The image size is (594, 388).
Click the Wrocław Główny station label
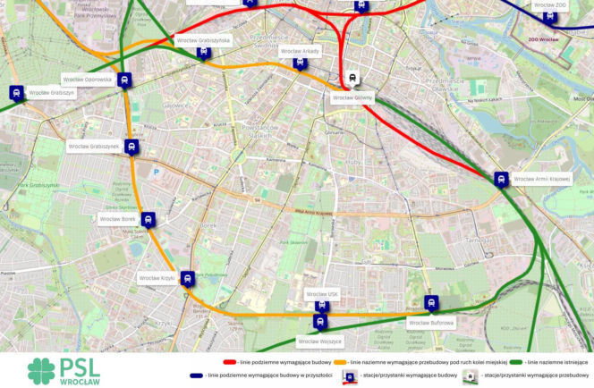(x=352, y=97)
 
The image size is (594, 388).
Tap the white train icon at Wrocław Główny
(x=353, y=78)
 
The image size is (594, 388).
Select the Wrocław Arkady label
(x=299, y=52)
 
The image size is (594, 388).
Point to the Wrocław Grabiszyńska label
(x=203, y=40)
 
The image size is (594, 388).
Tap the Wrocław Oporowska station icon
(x=124, y=79)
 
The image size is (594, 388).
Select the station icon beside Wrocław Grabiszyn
(x=16, y=91)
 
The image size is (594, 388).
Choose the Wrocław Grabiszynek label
(x=93, y=146)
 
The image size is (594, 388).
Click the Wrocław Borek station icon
(x=148, y=219)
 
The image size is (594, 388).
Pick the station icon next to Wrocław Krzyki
(x=187, y=278)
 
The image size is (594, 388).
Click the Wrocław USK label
(x=322, y=293)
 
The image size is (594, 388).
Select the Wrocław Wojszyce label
(x=320, y=341)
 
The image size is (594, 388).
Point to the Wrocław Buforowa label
(x=431, y=322)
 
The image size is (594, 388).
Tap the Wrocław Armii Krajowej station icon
(x=501, y=179)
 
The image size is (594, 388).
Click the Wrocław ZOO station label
(x=549, y=5)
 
